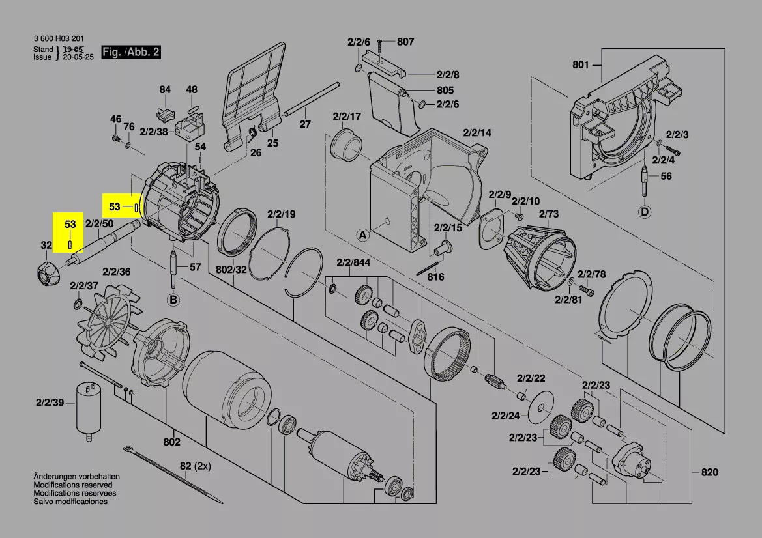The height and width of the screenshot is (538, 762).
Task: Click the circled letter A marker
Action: (363, 236)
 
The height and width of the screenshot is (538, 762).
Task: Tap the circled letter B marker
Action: (173, 300)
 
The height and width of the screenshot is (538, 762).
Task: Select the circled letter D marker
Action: (645, 212)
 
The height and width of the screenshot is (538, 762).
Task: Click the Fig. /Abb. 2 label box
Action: (131, 52)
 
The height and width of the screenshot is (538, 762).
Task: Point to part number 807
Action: (405, 42)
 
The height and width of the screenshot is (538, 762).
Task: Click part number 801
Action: (580, 64)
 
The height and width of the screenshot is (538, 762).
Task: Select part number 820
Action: (709, 472)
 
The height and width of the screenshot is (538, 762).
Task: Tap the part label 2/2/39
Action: (50, 403)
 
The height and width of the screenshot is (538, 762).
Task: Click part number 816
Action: (435, 277)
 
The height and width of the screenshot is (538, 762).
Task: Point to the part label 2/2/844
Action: (353, 262)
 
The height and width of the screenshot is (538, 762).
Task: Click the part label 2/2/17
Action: (347, 117)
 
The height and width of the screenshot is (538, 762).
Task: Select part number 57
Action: (195, 267)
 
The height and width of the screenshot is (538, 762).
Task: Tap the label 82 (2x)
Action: (196, 466)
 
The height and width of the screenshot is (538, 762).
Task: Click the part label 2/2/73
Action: (549, 214)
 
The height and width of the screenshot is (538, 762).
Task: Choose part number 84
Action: (165, 89)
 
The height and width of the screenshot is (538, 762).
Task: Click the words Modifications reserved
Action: (73, 485)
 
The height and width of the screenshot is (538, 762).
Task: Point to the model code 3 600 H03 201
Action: (58, 39)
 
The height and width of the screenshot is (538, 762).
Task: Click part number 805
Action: (445, 90)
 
